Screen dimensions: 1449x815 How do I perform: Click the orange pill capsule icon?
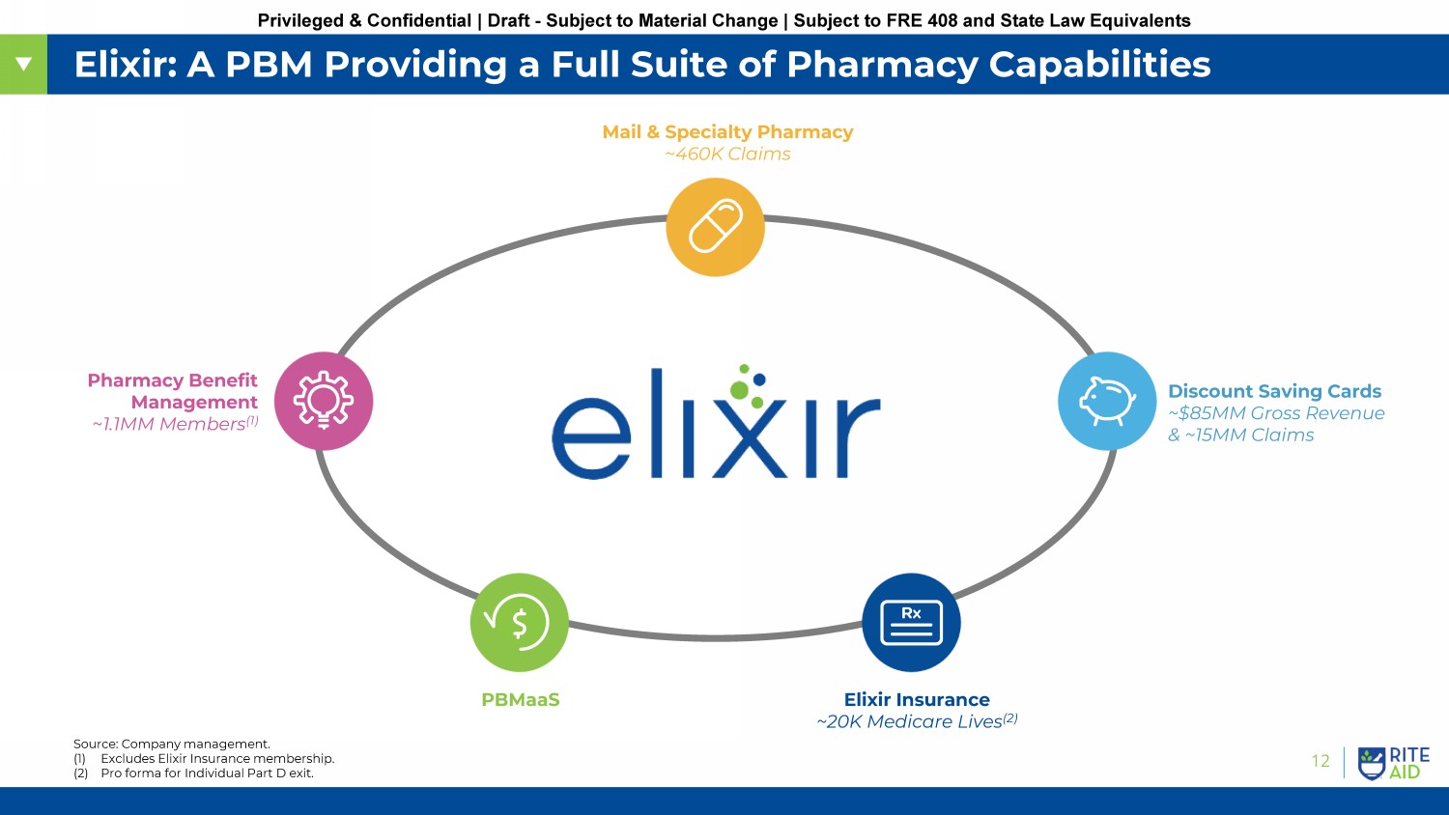[x=716, y=227]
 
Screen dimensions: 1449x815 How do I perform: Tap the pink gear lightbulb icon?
[x=324, y=401]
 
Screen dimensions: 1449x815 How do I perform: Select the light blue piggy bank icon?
[x=1107, y=401]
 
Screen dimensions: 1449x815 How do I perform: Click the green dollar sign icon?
[x=520, y=622]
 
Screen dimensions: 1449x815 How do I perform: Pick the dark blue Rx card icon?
[x=912, y=622]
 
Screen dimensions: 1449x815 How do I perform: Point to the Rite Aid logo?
[x=1393, y=763]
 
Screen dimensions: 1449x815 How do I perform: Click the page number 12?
[x=1321, y=761]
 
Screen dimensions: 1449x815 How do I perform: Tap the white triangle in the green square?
[x=24, y=64]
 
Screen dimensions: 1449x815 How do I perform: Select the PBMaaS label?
[x=521, y=700]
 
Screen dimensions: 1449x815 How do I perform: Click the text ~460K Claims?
[x=727, y=154]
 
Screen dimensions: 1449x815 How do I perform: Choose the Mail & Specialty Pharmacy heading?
[x=727, y=132]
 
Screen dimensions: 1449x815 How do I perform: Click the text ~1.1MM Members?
[x=175, y=424]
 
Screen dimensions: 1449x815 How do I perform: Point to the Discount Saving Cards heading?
[x=1274, y=391]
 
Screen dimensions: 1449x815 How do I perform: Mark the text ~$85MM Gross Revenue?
[x=1276, y=413]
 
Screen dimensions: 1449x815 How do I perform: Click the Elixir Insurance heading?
[x=917, y=700]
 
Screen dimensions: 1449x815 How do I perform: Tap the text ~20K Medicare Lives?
[x=917, y=721]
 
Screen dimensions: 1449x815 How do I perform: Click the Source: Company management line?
[x=171, y=744]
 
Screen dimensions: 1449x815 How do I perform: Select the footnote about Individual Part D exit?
[x=193, y=773]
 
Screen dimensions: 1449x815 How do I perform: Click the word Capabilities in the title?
[x=1099, y=65]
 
